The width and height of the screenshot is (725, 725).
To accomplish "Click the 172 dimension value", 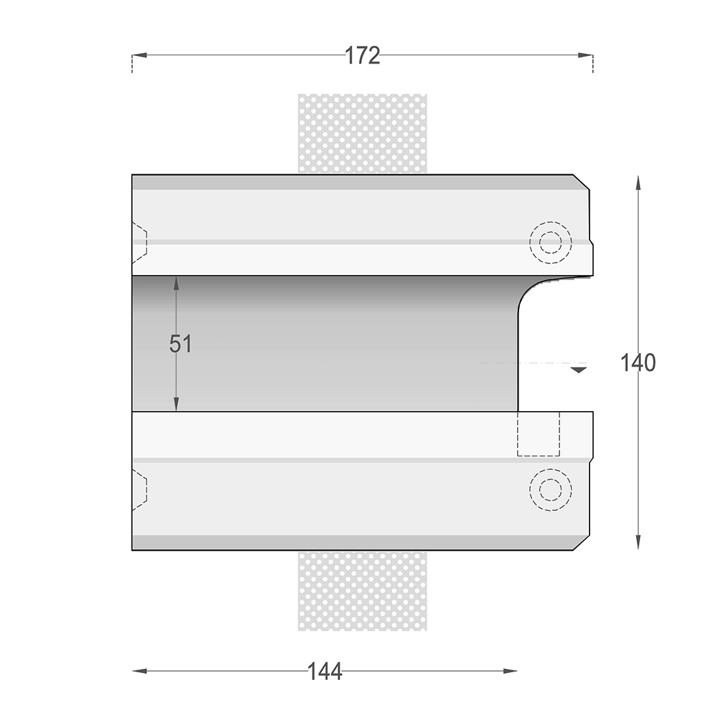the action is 362,55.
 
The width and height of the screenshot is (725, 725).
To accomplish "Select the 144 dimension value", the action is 325,672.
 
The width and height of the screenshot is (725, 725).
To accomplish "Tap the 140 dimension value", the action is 637,362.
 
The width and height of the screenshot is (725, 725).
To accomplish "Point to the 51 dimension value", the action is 181,343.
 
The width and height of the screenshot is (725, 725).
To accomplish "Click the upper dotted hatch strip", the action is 362,133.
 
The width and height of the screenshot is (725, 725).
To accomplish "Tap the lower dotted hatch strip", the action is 362,591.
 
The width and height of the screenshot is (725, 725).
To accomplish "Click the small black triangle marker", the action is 579,370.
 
